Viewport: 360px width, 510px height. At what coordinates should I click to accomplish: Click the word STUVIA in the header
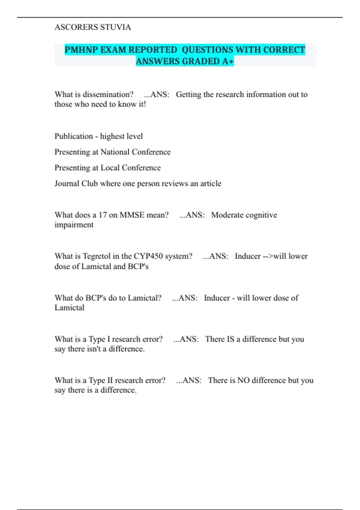pos(115,27)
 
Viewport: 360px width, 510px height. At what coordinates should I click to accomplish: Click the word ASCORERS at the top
pos(76,27)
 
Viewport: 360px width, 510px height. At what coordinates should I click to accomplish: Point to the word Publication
pos(74,136)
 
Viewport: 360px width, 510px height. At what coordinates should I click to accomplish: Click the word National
pos(115,152)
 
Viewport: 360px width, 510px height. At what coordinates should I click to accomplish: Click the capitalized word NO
pos(243,380)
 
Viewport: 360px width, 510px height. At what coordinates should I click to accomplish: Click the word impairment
pos(74,225)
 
